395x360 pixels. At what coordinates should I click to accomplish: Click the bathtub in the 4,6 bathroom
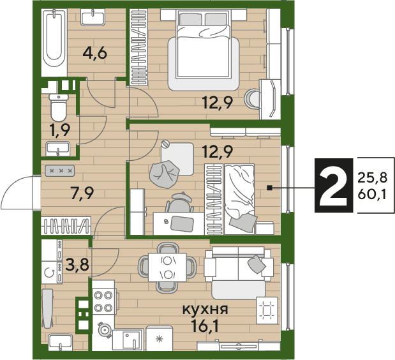click(x=54, y=43)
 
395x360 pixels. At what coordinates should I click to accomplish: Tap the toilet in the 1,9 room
click(x=59, y=108)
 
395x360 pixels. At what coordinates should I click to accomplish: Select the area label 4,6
click(x=95, y=54)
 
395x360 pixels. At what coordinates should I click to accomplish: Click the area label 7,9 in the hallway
click(x=82, y=193)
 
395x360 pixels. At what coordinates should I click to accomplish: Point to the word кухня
click(x=205, y=310)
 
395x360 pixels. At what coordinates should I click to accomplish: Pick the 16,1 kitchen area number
click(x=205, y=326)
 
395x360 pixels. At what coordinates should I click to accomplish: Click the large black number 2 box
click(x=334, y=185)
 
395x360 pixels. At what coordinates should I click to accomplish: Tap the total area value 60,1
click(x=372, y=195)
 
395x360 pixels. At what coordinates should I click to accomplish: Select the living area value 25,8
click(x=372, y=178)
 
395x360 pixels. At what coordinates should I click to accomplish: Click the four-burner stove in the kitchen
click(x=103, y=301)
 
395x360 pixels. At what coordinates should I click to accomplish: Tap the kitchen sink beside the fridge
click(x=128, y=340)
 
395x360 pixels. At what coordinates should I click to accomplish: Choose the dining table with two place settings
click(x=168, y=267)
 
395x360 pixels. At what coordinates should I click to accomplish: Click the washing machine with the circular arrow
click(x=52, y=273)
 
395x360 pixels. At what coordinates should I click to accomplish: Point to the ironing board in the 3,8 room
click(x=48, y=308)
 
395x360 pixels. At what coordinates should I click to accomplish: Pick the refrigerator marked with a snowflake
click(x=160, y=338)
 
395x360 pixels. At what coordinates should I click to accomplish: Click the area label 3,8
click(x=77, y=264)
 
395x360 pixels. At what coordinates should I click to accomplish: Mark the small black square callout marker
click(x=269, y=188)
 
